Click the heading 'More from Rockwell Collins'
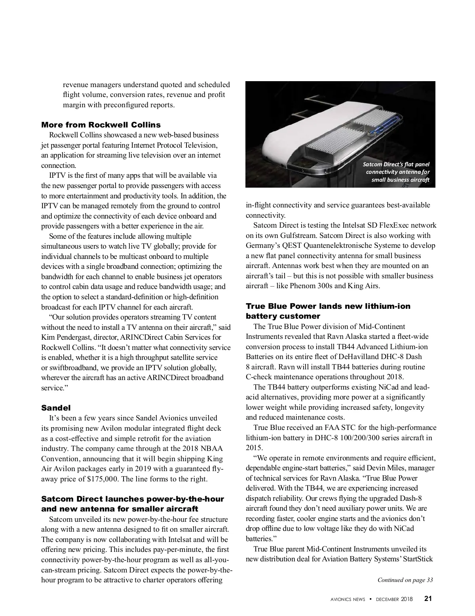101,125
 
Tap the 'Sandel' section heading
56,408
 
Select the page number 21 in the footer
428,599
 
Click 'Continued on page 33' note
405,580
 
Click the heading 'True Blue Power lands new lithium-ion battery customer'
328,311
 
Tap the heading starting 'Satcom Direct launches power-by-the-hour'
133,504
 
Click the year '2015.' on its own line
254,448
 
